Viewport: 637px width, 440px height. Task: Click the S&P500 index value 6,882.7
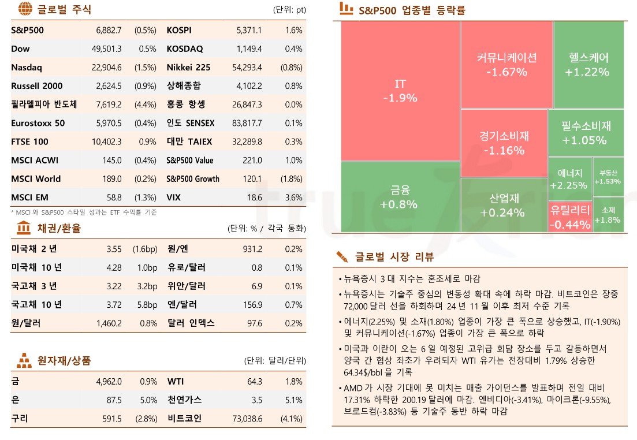109,30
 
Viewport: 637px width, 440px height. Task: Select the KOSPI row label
179,30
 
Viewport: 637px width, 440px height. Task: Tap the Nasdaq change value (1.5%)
145,68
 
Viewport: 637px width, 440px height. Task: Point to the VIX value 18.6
254,197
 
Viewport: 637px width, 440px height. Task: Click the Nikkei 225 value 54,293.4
246,68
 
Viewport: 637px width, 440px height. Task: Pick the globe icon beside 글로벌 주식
25,9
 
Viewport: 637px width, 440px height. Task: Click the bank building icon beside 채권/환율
24,228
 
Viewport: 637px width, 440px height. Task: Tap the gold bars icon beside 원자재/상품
24,361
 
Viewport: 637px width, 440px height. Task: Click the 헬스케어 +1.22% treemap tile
588,64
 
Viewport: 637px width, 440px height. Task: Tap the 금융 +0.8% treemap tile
399,197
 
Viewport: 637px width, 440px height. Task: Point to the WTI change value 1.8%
294,382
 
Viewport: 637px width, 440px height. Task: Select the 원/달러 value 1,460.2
109,323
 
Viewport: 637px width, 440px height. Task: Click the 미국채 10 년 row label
36,268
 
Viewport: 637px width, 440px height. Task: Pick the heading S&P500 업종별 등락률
412,10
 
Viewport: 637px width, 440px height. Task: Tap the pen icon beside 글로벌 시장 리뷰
342,256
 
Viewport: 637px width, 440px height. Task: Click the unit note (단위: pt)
289,10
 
